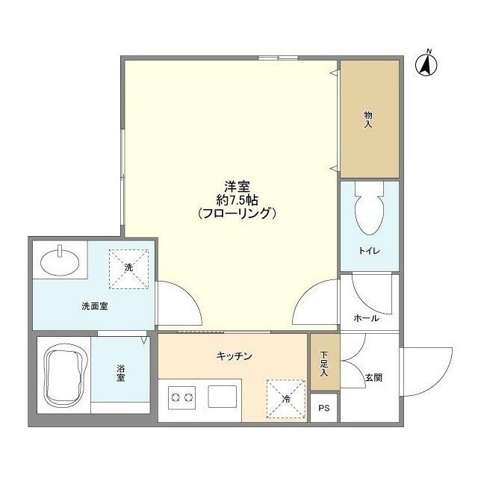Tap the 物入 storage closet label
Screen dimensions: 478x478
368,119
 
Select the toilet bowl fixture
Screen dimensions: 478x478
370,213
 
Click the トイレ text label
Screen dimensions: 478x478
370,251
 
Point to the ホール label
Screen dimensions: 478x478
366,318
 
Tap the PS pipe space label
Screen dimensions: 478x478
323,408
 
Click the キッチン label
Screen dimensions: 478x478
235,356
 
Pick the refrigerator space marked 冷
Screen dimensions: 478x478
285,398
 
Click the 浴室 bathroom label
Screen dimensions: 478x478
120,373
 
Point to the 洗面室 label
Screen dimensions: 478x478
96,306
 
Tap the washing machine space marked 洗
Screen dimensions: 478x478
128,267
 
